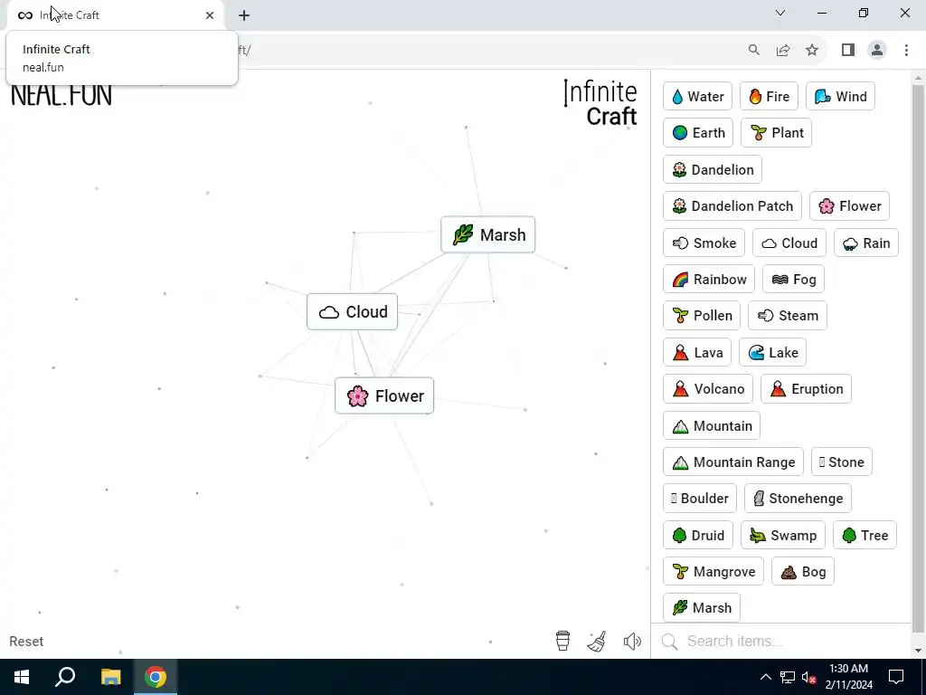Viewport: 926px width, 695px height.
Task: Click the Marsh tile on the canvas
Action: coord(488,235)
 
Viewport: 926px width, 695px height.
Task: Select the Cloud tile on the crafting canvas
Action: coord(353,312)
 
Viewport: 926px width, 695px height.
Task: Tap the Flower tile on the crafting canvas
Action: coord(384,396)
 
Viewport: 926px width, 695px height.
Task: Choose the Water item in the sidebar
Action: coord(697,97)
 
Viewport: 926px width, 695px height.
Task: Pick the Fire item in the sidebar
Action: coord(769,97)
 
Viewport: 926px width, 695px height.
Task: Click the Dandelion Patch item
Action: coord(732,206)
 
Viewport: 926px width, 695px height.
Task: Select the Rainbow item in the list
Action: coord(709,280)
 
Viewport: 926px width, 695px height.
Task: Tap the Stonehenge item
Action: coord(797,499)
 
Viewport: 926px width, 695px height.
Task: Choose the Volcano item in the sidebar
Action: coord(708,389)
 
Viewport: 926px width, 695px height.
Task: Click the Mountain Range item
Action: coord(733,462)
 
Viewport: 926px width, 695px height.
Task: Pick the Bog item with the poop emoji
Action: coord(803,572)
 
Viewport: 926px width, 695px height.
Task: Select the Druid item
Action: coord(697,536)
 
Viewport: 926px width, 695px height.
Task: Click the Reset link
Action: coord(26,642)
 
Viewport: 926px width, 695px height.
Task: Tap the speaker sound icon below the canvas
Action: coord(632,642)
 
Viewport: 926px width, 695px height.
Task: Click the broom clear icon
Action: coord(597,642)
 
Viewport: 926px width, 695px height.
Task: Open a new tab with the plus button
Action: coord(244,15)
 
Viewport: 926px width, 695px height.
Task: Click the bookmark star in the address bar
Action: coord(812,51)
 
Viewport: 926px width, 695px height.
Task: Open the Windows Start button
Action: coord(22,677)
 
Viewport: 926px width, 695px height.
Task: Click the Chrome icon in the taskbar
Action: coord(156,677)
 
